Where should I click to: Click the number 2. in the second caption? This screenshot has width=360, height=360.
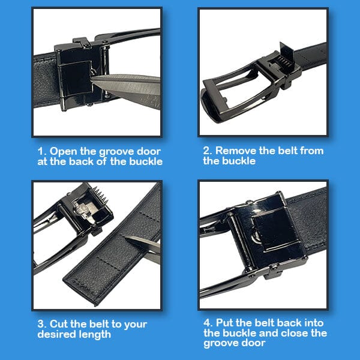point(208,151)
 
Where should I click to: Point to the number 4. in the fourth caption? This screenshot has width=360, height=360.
point(207,325)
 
